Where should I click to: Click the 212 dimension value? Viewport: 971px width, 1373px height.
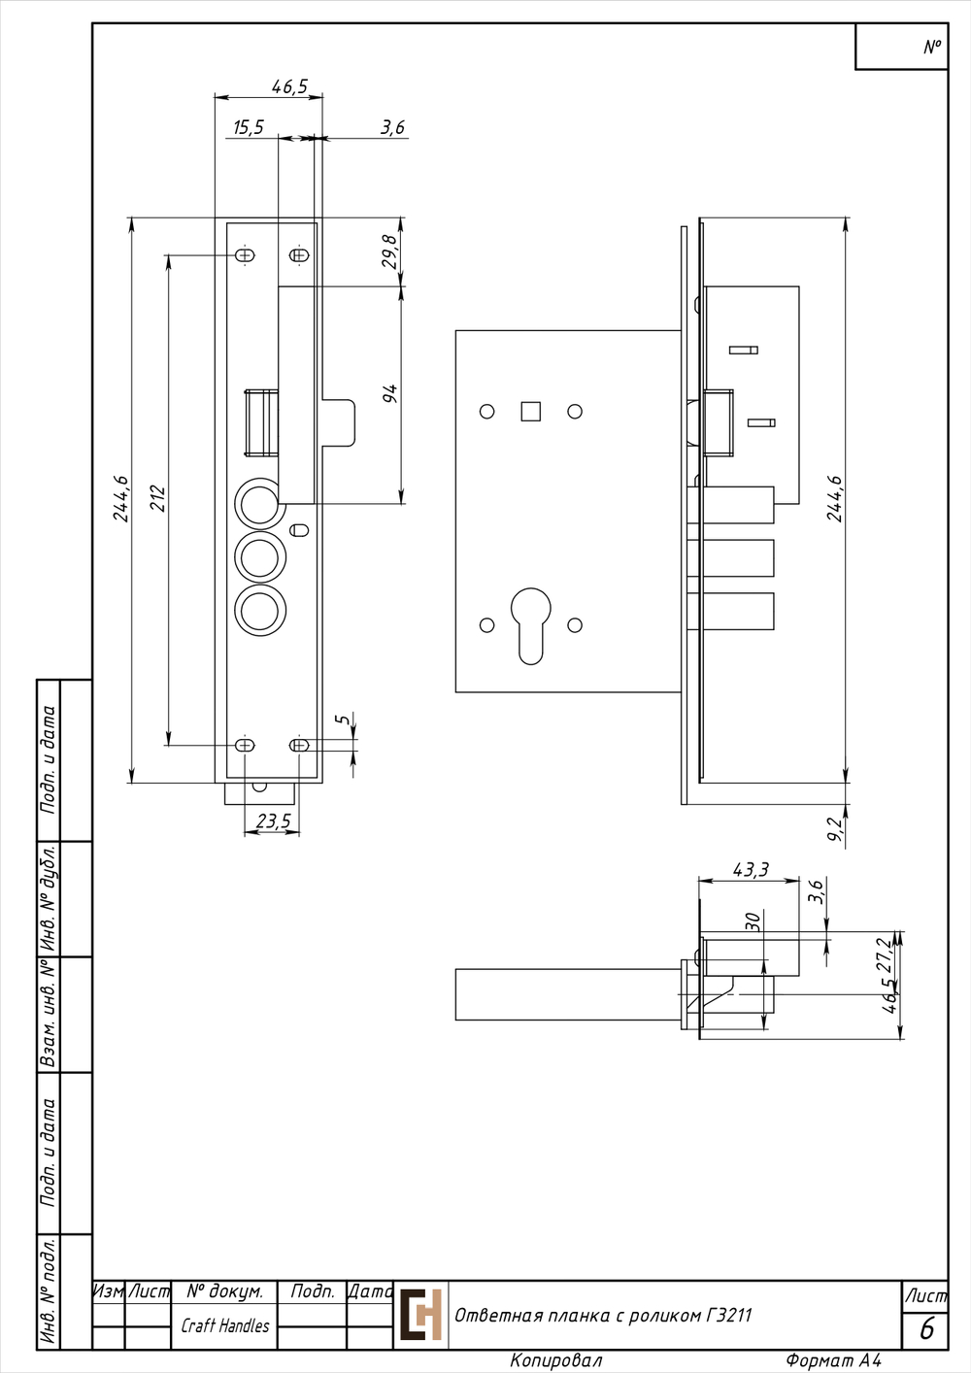[x=157, y=498]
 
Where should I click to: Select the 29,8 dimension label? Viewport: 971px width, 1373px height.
[x=390, y=251]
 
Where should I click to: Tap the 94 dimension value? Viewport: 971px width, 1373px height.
[x=390, y=393]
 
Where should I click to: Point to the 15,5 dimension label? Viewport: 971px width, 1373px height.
[x=249, y=127]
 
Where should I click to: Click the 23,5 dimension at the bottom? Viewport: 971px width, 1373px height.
[x=274, y=820]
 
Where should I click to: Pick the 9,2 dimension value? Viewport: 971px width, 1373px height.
[x=835, y=829]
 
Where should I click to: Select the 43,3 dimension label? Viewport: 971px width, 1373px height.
[x=751, y=870]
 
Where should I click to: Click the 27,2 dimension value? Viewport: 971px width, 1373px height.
[x=884, y=954]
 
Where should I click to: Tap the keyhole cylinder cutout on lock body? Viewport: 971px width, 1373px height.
[x=531, y=626]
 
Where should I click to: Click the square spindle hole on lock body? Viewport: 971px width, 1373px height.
[x=531, y=412]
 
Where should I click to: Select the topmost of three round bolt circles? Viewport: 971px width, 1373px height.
[x=260, y=504]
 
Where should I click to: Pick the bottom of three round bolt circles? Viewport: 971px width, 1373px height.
[x=260, y=611]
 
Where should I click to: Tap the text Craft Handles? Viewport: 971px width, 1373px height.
[x=225, y=1325]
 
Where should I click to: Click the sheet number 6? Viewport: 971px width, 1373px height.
[x=926, y=1329]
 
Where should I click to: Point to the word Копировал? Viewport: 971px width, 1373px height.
[x=556, y=1360]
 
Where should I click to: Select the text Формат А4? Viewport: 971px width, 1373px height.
[x=834, y=1360]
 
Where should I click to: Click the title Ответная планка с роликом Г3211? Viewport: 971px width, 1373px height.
[x=603, y=1316]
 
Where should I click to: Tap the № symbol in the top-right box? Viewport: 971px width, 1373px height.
[x=932, y=47]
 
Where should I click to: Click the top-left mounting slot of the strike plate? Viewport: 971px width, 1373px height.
[x=246, y=255]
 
